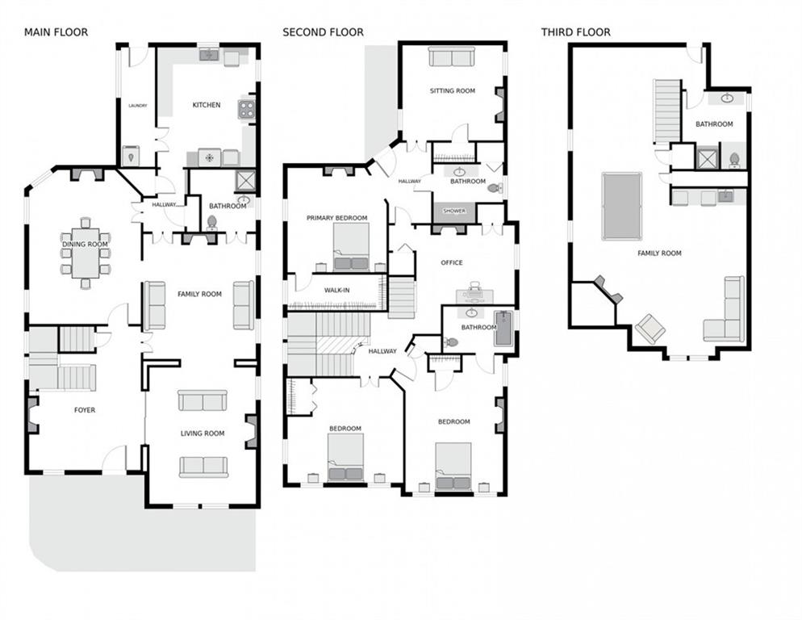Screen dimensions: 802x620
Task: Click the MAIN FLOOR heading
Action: (x=56, y=32)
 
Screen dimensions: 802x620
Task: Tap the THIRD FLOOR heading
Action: (x=576, y=32)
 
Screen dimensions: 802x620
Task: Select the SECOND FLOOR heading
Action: (x=323, y=32)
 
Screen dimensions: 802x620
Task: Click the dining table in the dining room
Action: (x=85, y=253)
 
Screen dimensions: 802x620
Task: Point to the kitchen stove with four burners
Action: (x=247, y=109)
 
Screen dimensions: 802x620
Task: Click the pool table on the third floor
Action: (x=622, y=206)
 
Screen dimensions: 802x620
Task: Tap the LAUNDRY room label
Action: (x=138, y=106)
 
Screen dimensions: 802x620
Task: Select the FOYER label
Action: (x=85, y=410)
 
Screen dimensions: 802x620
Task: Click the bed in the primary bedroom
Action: (x=351, y=247)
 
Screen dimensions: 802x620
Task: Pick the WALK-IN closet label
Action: (x=337, y=291)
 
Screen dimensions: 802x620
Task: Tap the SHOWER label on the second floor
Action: (x=454, y=211)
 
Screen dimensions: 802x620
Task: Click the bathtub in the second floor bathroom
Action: (x=503, y=328)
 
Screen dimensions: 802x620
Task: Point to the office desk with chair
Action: (x=474, y=294)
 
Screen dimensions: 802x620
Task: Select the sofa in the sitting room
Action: (x=452, y=57)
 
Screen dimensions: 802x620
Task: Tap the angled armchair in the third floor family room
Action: (x=650, y=329)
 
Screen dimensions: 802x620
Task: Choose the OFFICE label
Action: (x=452, y=262)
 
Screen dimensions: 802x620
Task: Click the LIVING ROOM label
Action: (x=203, y=434)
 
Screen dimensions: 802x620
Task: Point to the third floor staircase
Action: (x=667, y=111)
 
